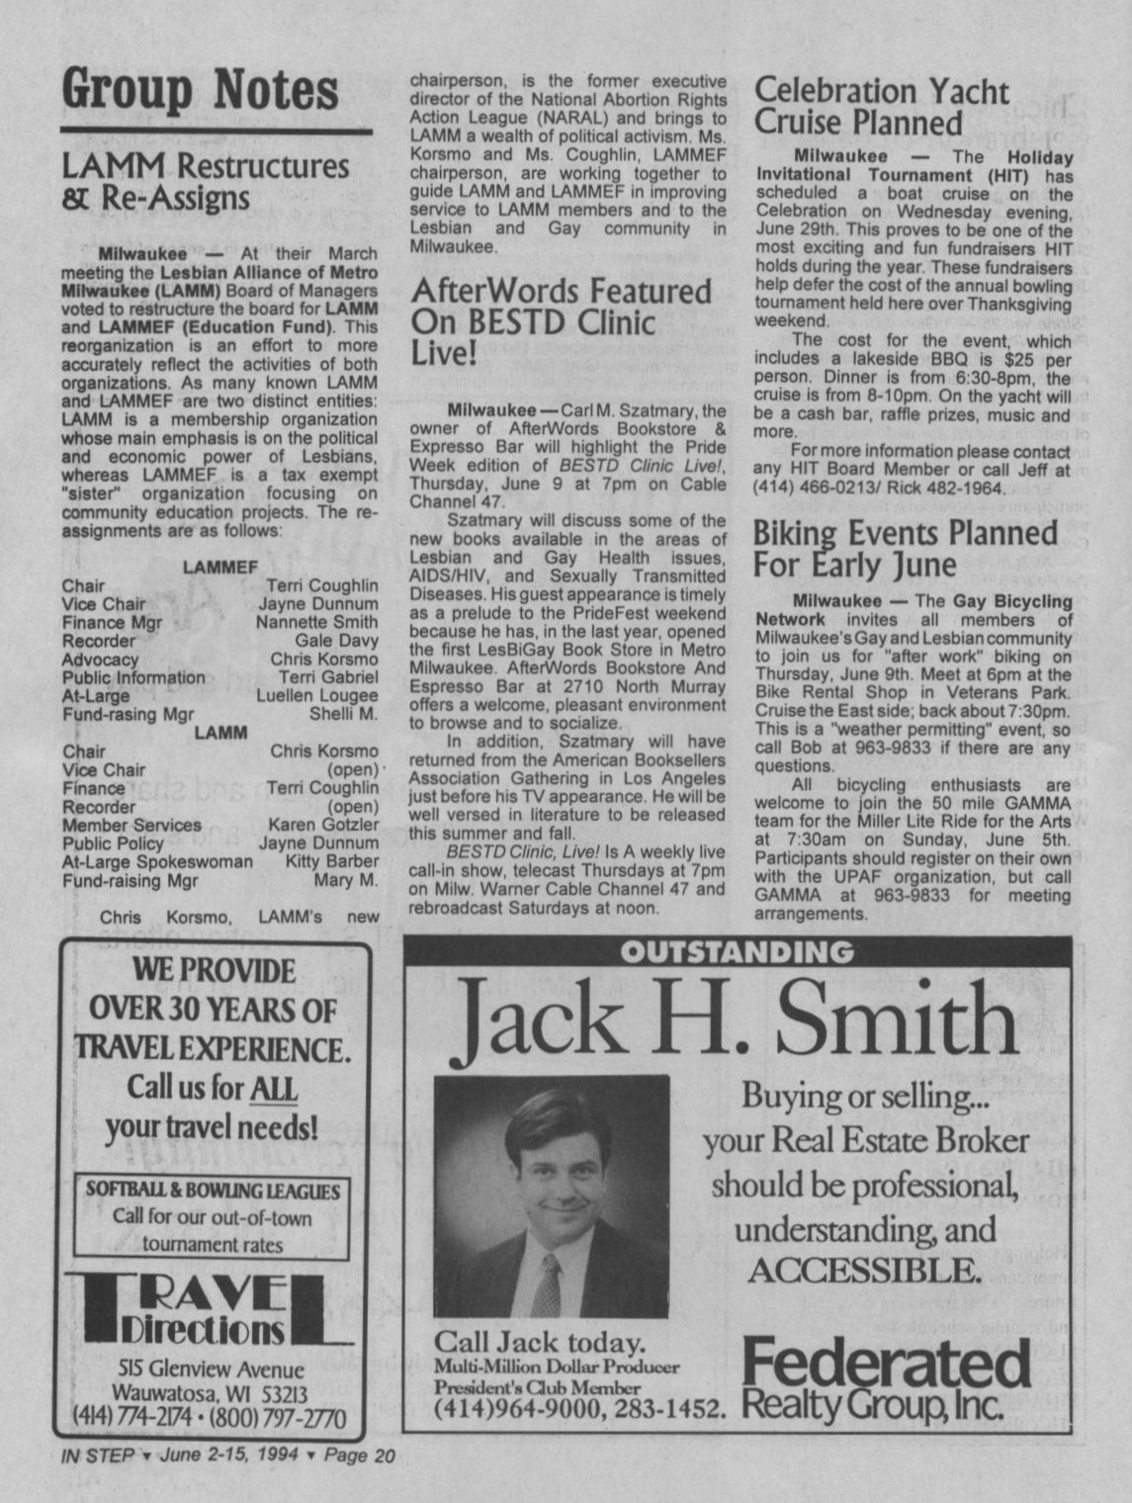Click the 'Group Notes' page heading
point(201,90)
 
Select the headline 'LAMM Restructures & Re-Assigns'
point(205,181)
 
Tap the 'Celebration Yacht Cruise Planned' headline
point(881,107)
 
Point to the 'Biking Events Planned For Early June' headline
point(905,548)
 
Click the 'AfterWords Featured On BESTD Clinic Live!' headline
point(560,321)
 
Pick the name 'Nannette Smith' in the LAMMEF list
point(316,622)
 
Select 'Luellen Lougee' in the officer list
point(316,696)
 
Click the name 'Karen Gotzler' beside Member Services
point(322,825)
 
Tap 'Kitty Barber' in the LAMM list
point(331,861)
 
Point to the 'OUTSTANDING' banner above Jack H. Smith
point(737,952)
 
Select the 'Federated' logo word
point(886,1365)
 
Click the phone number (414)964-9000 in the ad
point(516,1408)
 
